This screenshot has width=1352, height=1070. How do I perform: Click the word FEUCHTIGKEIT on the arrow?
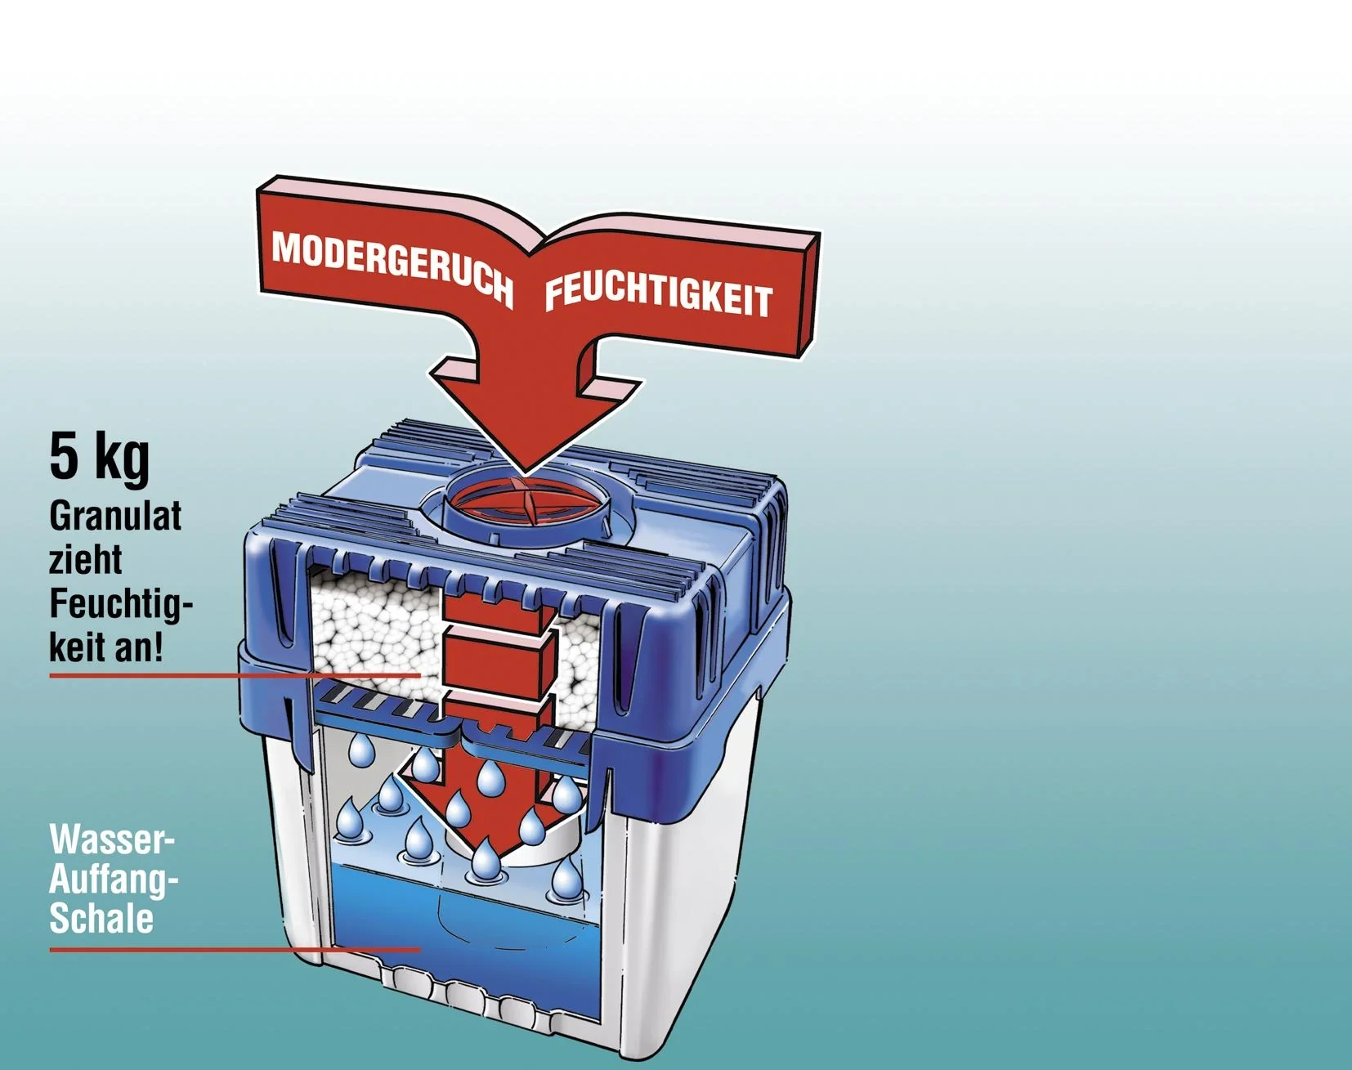pos(658,295)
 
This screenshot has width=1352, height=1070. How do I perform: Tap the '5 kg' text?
pos(99,458)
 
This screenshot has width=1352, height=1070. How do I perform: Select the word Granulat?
pos(115,517)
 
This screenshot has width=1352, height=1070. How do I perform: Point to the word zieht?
pos(85,561)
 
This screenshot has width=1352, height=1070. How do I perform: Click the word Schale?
pos(101,918)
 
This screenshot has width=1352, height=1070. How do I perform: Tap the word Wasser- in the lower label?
pos(112,839)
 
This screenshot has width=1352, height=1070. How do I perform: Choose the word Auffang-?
pos(114,879)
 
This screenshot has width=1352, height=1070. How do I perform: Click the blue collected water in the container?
pos(458,916)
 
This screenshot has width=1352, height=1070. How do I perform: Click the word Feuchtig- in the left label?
pos(120,604)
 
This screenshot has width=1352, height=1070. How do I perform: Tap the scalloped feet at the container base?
pos(466,993)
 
